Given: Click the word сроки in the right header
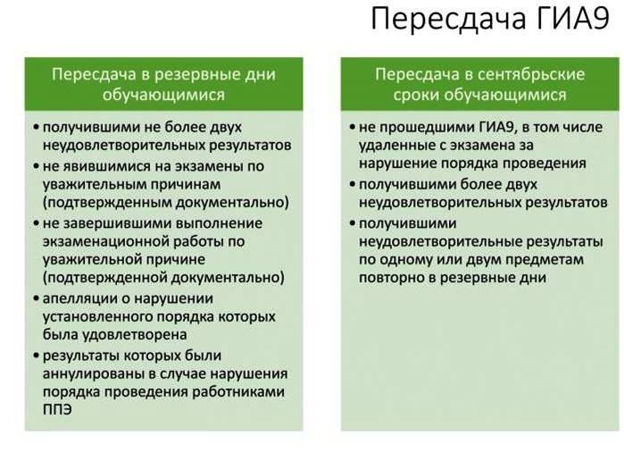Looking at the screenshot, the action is [417, 96].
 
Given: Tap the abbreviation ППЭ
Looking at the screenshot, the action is [57, 409].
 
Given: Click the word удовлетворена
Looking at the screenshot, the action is [135, 334].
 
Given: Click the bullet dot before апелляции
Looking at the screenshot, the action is [37, 298].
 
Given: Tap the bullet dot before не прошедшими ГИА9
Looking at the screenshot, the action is [353, 127].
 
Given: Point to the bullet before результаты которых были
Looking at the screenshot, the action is [37, 355].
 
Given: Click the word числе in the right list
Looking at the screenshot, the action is [584, 127].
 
